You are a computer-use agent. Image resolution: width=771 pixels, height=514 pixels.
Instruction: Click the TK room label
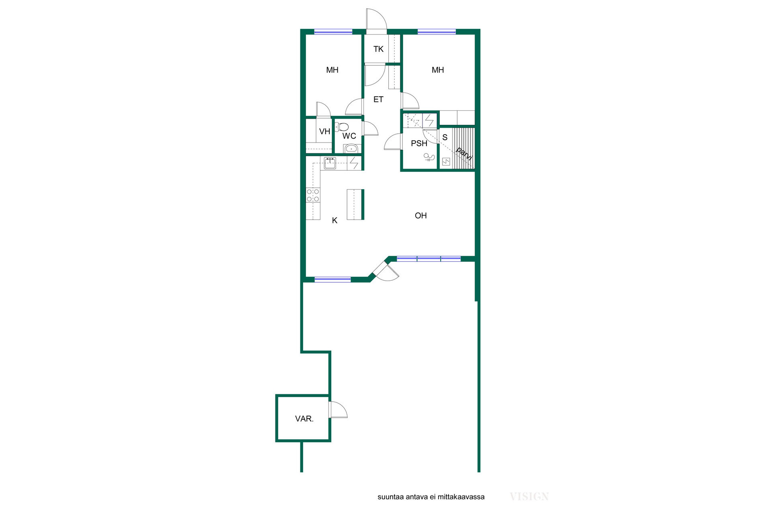(x=378, y=49)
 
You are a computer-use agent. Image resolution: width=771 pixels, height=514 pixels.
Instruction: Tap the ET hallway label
(x=378, y=99)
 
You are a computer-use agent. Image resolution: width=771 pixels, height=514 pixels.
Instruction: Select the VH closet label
(x=324, y=131)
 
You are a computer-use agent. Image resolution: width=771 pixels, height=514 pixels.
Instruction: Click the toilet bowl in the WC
(x=342, y=127)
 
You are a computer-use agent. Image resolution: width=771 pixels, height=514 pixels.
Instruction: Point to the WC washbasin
(x=351, y=149)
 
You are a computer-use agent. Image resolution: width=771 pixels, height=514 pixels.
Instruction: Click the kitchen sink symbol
(x=330, y=163)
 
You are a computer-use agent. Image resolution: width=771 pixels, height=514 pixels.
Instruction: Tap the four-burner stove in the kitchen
(x=313, y=195)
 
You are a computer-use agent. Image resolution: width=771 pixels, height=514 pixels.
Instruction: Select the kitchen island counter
(x=355, y=204)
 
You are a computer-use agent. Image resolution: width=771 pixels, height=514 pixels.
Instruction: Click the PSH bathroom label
(x=419, y=143)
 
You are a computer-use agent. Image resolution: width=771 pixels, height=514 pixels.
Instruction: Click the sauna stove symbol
(x=446, y=162)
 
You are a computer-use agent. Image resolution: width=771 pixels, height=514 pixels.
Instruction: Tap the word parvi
(x=464, y=154)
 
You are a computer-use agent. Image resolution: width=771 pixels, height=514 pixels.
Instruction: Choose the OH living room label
(x=420, y=216)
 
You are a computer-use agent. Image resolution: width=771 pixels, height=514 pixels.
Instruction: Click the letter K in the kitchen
(x=335, y=220)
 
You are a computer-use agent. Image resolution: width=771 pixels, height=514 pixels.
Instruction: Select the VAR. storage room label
(x=304, y=419)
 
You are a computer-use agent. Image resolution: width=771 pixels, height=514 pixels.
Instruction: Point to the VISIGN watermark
(x=529, y=497)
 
